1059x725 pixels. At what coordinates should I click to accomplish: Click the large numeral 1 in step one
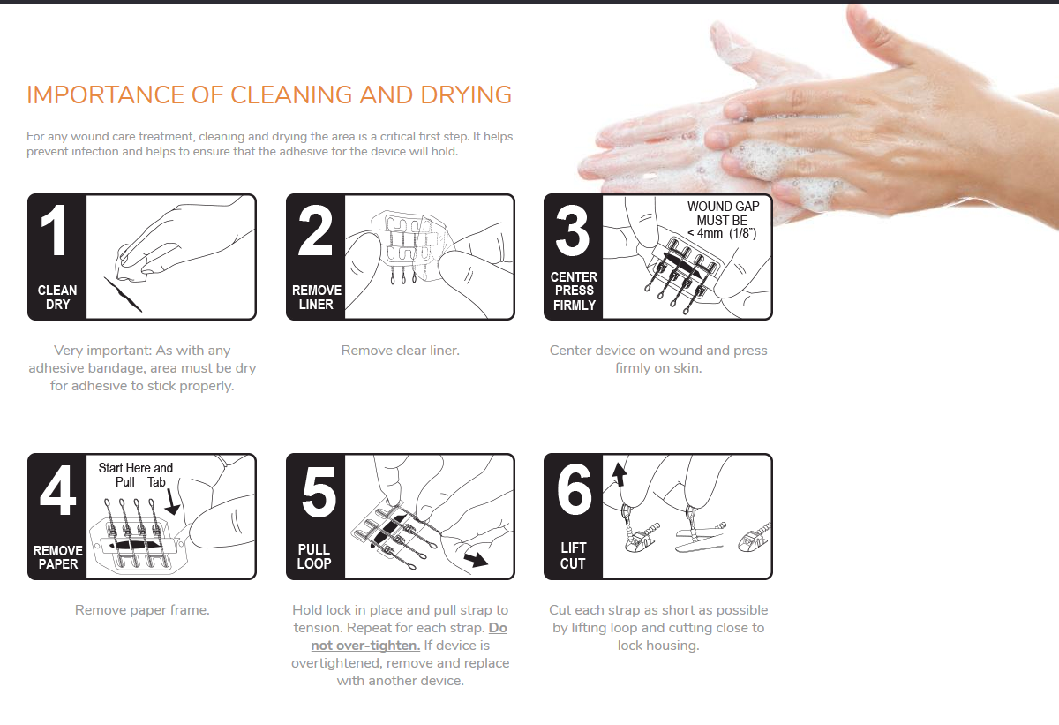tap(54, 230)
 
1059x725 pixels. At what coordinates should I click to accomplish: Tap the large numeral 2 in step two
tap(315, 230)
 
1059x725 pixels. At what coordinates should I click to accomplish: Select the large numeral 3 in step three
tap(573, 230)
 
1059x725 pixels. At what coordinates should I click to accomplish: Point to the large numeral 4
tap(57, 490)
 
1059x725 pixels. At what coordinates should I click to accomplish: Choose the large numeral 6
tap(575, 489)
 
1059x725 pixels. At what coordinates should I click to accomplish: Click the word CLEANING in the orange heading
tap(291, 94)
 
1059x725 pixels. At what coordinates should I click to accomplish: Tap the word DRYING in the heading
tap(466, 94)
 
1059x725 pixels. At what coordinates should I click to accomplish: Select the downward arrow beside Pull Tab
tap(172, 501)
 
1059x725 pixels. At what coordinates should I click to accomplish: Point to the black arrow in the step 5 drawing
tap(476, 559)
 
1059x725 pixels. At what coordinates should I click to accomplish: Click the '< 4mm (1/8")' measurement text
tap(722, 233)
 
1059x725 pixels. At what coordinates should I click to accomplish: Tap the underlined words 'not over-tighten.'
tap(365, 646)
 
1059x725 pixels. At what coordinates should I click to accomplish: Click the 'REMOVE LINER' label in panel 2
tap(316, 297)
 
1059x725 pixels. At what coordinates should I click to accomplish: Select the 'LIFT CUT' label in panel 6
tap(573, 555)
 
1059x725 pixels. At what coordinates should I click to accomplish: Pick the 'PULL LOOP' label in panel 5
tap(314, 556)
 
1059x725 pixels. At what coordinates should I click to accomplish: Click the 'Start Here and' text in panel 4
tap(136, 468)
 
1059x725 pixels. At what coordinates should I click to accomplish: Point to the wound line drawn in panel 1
tap(123, 295)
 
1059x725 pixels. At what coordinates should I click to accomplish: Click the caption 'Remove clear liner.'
tap(401, 351)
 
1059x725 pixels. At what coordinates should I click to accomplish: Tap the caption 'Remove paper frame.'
tap(142, 610)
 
